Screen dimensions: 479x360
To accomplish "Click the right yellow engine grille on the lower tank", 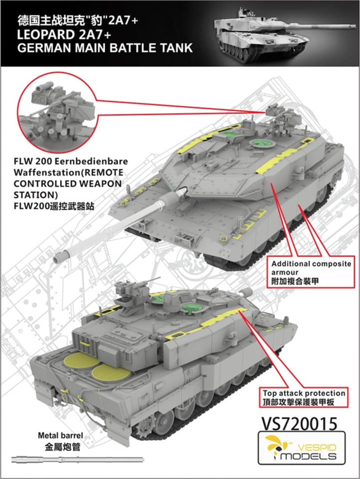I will pos(111,374).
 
